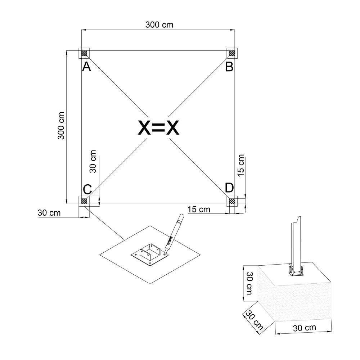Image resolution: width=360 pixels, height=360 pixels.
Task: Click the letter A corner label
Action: (86, 67)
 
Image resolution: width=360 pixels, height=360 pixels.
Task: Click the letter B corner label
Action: (229, 67)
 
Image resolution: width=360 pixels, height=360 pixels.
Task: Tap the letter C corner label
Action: (87, 189)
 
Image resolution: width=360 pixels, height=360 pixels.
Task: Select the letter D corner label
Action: (229, 188)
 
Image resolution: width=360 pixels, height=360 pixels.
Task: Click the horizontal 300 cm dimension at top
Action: (159, 24)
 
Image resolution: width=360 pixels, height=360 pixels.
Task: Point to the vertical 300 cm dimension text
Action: (61, 126)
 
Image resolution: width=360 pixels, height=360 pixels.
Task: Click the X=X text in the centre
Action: (158, 127)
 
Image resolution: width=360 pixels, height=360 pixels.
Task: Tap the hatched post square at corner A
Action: (84, 53)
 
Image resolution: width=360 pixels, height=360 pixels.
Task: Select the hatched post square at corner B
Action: (232, 53)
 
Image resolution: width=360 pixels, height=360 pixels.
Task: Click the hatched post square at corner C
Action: (84, 201)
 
